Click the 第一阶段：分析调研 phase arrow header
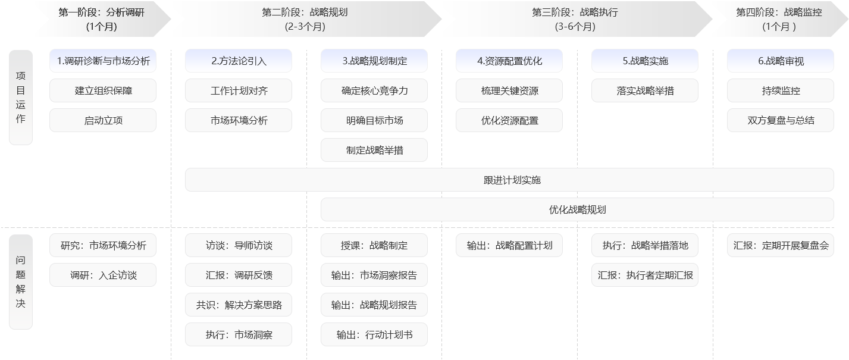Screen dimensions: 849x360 coord(102,19)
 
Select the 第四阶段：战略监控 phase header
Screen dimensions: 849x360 coord(779,19)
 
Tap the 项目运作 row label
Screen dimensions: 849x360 coord(21,98)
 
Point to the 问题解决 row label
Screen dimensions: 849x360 coord(21,282)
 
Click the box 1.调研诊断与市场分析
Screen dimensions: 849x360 coord(103,61)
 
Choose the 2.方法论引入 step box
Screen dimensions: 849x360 coord(239,61)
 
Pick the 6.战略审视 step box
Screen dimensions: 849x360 coord(781,61)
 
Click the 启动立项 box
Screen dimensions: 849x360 coord(103,120)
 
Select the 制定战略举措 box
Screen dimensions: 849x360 coord(374,150)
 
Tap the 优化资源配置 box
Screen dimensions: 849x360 coord(509,120)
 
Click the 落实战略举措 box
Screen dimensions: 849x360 coord(645,90)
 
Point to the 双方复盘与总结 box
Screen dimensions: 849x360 coord(781,120)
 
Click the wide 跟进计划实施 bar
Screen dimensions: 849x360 coord(509,180)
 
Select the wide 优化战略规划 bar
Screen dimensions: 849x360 coord(577,209)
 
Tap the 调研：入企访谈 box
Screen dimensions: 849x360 coord(103,275)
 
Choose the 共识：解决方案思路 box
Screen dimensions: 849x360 coord(239,305)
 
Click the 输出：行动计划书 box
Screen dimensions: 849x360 coord(374,334)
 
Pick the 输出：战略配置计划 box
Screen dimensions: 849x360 coord(509,245)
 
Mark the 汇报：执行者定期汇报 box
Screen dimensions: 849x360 coord(645,275)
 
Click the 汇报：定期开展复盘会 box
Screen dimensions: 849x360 coord(781,245)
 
